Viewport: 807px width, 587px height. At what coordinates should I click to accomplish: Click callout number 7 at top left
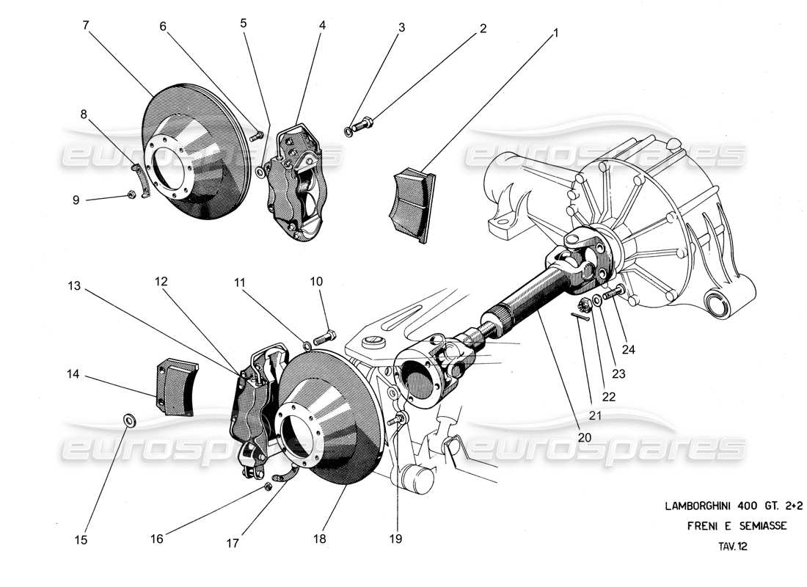click(x=86, y=25)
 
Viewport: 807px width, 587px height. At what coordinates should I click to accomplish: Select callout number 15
click(x=81, y=540)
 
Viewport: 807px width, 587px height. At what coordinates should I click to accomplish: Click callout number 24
click(x=629, y=350)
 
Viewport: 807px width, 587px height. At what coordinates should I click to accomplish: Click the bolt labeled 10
click(x=324, y=338)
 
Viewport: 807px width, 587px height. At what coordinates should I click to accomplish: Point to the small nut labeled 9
click(x=130, y=194)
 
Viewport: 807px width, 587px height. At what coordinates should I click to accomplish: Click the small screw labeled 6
click(x=257, y=135)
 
